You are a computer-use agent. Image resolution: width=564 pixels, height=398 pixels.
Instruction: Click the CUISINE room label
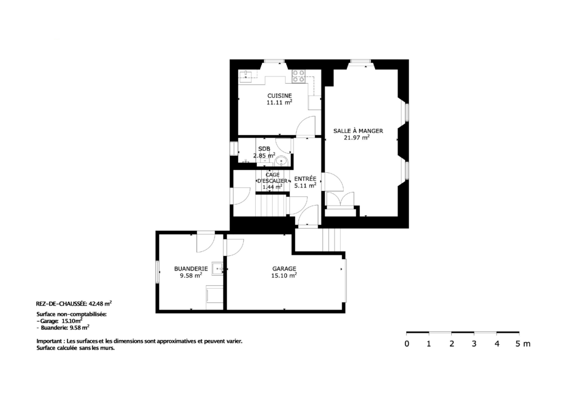279,96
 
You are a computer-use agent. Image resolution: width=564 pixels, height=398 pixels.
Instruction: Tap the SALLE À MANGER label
358,131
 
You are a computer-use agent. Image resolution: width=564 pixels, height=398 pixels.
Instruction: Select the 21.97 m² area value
357,137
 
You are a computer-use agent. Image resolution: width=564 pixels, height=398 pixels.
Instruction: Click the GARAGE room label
284,268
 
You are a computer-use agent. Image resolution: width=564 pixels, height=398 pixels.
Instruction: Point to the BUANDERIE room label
191,268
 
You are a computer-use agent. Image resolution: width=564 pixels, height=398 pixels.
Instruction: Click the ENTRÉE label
306,179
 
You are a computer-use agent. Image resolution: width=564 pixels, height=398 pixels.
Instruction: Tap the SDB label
264,149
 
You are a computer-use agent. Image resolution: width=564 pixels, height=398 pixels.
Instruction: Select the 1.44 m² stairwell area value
272,187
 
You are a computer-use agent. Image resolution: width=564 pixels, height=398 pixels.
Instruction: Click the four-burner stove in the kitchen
298,76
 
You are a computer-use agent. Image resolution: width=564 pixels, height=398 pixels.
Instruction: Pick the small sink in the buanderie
217,268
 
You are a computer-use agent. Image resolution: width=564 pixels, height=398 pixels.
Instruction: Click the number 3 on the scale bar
474,344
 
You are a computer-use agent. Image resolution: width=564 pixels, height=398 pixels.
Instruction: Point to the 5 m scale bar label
522,344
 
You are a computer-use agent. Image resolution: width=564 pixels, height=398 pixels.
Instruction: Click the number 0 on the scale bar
407,344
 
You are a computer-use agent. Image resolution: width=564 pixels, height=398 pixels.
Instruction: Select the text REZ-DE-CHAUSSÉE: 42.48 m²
74,303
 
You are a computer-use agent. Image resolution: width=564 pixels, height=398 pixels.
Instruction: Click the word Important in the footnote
49,341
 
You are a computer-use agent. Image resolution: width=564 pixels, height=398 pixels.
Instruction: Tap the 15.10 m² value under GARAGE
284,276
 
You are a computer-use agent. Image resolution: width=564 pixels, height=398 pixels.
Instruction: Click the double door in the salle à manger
340,200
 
